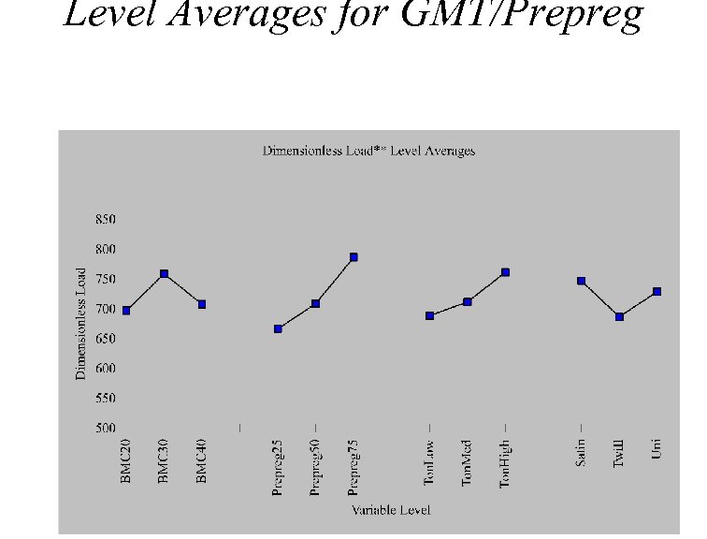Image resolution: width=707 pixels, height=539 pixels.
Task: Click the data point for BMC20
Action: point(126,310)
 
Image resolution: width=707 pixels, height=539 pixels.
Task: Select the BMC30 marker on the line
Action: point(164,274)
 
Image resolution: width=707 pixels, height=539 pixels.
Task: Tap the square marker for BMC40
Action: point(201,304)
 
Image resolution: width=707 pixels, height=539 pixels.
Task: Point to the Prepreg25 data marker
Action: point(278,328)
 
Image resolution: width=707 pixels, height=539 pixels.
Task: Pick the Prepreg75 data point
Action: point(353,256)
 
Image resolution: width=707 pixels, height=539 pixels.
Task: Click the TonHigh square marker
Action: point(505,272)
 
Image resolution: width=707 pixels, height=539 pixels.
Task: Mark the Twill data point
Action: point(619,317)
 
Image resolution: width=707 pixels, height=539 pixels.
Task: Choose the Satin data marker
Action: point(581,281)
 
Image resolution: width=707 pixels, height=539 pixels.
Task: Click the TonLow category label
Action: point(429,464)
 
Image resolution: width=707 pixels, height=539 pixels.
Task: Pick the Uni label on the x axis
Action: point(656,453)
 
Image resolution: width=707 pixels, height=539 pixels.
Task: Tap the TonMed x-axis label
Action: point(467,463)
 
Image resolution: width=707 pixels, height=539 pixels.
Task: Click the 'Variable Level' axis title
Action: point(391,510)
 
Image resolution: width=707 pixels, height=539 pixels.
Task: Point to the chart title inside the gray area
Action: point(368,151)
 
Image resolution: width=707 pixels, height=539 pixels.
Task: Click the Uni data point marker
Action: point(656,292)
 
